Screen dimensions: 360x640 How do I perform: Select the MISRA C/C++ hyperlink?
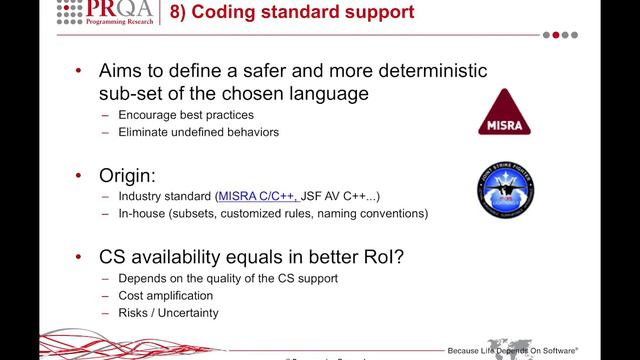coord(257,196)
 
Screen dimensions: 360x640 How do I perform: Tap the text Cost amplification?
coord(167,295)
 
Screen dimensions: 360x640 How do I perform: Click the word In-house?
coord(143,213)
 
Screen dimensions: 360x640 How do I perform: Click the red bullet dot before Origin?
coord(80,174)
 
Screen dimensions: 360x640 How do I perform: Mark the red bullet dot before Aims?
coord(80,73)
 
